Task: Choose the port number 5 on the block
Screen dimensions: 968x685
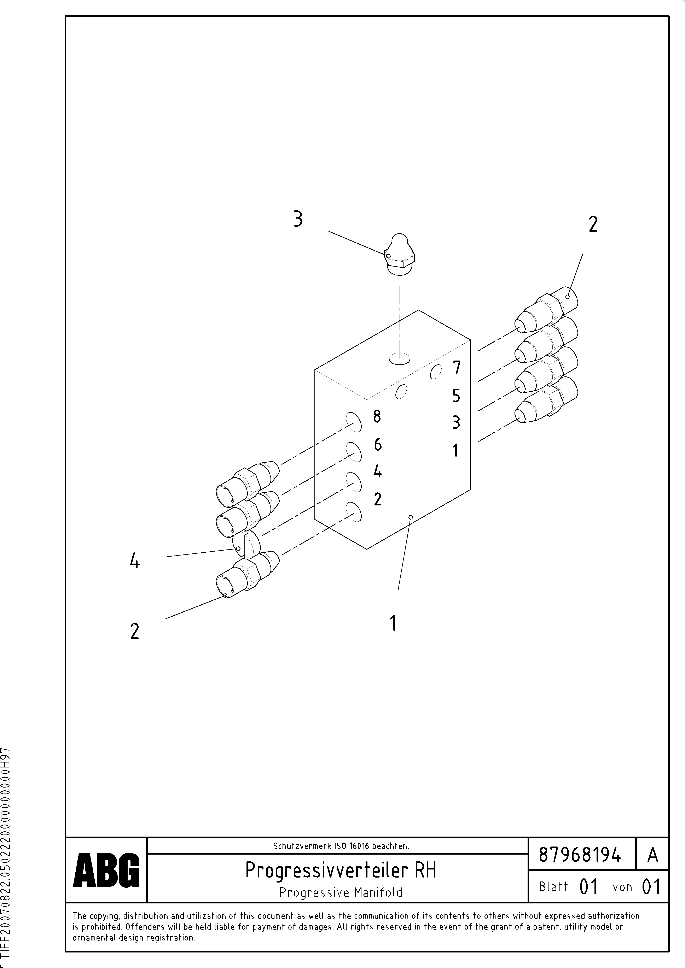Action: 456,396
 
